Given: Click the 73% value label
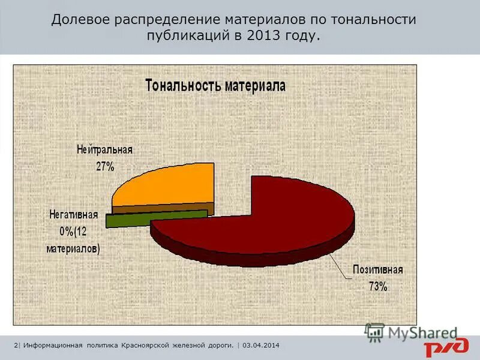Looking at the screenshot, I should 378,286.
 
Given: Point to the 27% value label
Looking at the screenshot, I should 105,167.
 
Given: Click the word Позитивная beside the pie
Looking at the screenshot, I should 377,270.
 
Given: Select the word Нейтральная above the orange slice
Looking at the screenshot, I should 104,150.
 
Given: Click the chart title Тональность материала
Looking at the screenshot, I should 215,85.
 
